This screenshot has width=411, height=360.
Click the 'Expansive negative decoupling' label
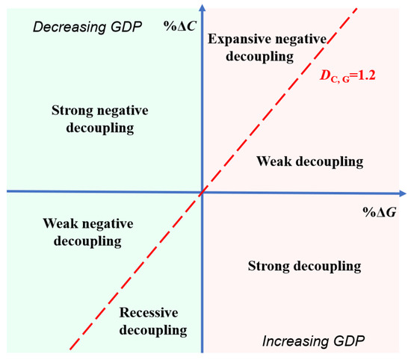[259, 47]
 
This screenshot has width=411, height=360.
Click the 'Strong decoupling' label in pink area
[304, 266]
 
